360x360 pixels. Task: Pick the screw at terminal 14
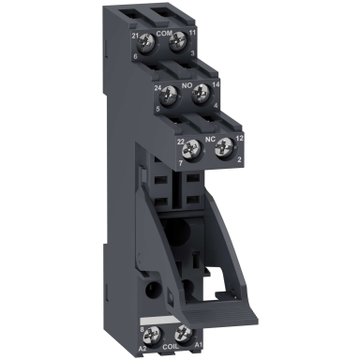[199, 95]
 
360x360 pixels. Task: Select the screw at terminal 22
[194, 146]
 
